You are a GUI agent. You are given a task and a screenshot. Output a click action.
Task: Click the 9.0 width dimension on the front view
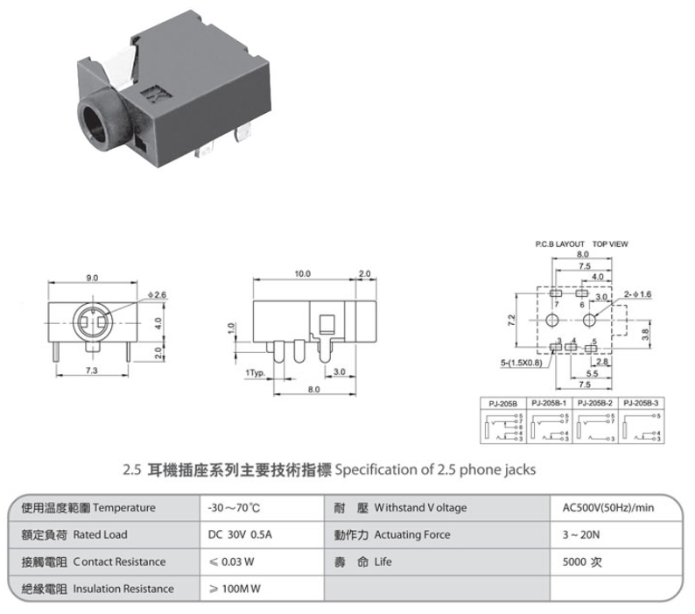pyautogui.click(x=92, y=278)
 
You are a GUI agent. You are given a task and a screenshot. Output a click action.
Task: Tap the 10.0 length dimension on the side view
pyautogui.click(x=302, y=274)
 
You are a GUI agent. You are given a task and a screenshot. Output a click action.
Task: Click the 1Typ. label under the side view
pyautogui.click(x=255, y=371)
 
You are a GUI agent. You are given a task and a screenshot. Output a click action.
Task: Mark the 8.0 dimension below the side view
pyautogui.click(x=314, y=389)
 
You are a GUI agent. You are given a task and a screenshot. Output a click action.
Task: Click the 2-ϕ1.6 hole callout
pyautogui.click(x=638, y=294)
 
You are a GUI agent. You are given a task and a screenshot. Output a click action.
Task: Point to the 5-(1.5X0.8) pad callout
pyautogui.click(x=522, y=361)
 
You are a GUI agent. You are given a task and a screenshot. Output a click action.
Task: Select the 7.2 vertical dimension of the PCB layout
pyautogui.click(x=511, y=321)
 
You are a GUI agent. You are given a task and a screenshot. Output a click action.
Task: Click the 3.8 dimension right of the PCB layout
pyautogui.click(x=645, y=333)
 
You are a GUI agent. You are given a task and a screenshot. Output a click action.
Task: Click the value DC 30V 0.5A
pyautogui.click(x=234, y=534)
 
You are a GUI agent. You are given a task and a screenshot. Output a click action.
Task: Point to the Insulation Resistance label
pyautogui.click(x=123, y=589)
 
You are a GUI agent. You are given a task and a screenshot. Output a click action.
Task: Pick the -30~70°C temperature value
pyautogui.click(x=229, y=508)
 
